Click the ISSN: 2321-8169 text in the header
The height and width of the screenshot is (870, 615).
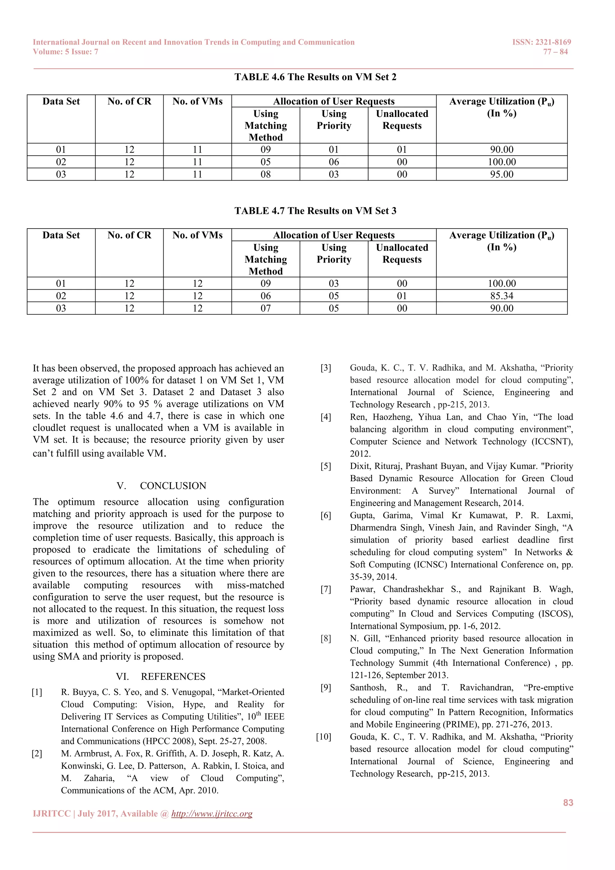coord(541,42)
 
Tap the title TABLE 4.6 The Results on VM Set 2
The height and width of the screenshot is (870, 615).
coord(315,77)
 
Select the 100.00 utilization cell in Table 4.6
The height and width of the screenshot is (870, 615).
coord(501,162)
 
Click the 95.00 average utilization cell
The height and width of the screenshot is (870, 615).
coord(501,174)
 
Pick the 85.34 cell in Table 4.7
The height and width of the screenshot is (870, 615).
coord(501,296)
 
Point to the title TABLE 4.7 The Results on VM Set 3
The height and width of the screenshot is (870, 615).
coord(315,211)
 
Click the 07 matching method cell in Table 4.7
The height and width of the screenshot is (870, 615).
coord(265,309)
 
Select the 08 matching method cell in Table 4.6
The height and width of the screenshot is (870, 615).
coord(265,174)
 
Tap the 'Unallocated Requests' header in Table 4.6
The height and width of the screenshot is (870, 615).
coord(402,120)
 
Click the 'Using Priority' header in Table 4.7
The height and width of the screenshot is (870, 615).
coord(334,254)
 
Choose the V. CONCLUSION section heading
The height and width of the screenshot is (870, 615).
coord(162,486)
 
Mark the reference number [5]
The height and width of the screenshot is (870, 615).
coord(326,466)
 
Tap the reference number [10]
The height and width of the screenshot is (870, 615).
coord(324,737)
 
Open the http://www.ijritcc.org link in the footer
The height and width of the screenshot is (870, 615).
coord(212,814)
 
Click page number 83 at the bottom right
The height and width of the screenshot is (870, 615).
coord(568,802)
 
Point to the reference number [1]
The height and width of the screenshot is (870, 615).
coord(37,692)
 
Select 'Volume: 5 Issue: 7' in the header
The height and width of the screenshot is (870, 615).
coord(65,52)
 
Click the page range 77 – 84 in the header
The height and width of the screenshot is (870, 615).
coord(555,52)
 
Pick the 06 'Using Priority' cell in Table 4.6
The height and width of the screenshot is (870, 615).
coord(334,162)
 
